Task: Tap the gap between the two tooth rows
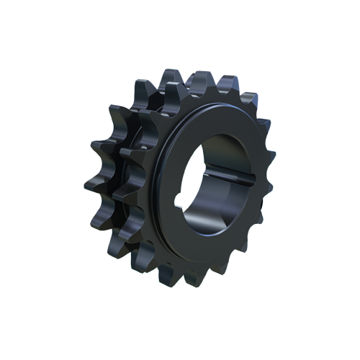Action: pyautogui.click(x=124, y=169)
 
